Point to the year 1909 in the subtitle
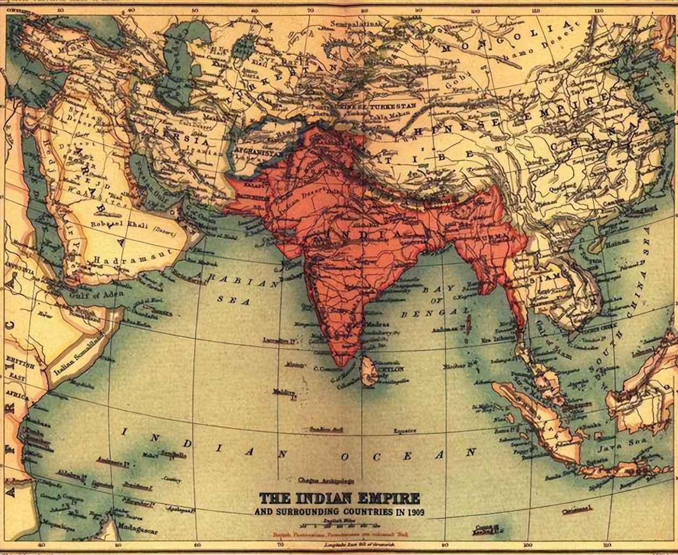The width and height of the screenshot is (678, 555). [x=414, y=511]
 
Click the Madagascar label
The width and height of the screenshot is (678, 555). [x=135, y=543]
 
